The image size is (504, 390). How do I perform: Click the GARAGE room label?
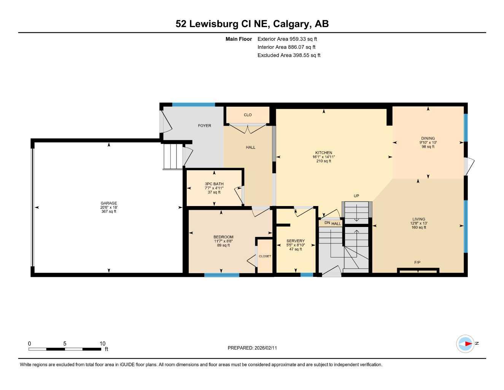coord(109,203)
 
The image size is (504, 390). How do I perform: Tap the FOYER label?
coord(204,126)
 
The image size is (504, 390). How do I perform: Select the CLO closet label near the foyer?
coord(248,115)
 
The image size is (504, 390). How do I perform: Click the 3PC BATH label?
coord(214,184)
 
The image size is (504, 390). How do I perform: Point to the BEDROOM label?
coord(223,237)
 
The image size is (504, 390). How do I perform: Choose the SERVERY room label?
coord(296,241)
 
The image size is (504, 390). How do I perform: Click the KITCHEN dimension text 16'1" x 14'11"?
coord(324,157)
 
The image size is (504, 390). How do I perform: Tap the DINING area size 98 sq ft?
coord(428,147)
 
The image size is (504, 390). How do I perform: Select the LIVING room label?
coord(418,219)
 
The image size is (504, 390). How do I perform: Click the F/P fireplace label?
coord(417,262)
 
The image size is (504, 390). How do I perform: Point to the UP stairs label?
coord(356,196)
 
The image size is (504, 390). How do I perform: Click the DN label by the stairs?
coord(327,223)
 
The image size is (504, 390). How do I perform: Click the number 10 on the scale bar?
coord(102,344)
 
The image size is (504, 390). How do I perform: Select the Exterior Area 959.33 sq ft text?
coord(287,39)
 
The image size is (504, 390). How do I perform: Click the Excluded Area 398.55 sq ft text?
coord(289,55)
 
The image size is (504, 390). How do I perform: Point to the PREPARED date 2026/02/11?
coord(252,348)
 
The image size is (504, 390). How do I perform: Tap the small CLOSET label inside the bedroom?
coord(265,256)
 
